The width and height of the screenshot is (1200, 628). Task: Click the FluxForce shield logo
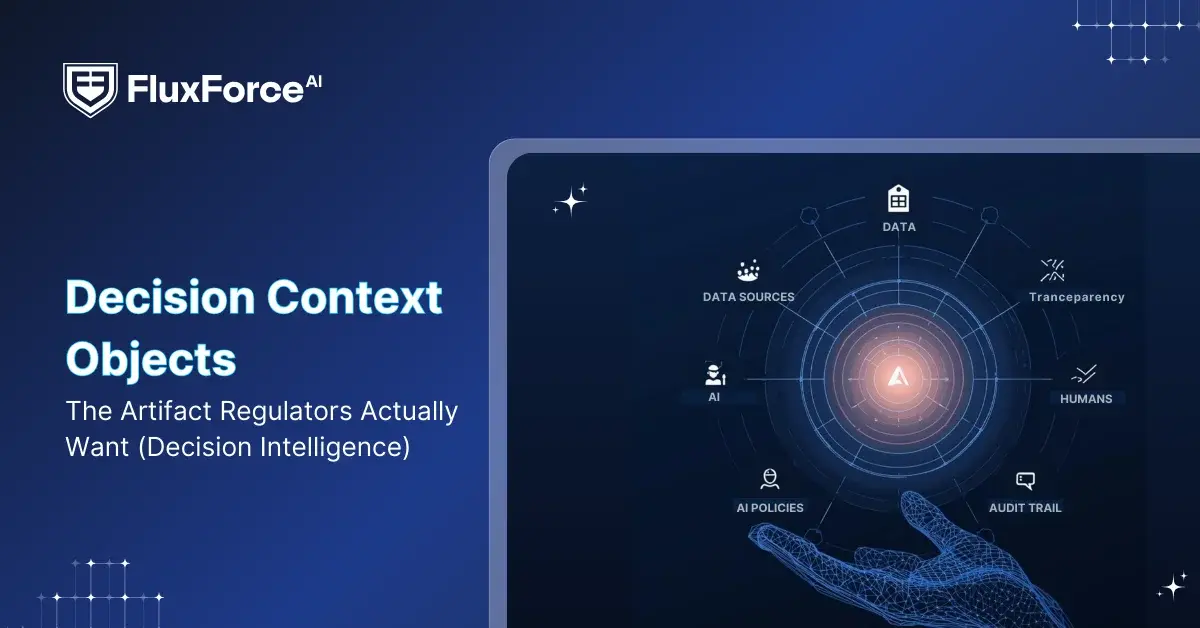pyautogui.click(x=90, y=89)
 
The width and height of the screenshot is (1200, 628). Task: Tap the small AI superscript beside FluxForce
pyautogui.click(x=314, y=81)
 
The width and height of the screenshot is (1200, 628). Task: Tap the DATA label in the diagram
pyautogui.click(x=899, y=227)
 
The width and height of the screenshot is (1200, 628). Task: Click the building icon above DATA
pyautogui.click(x=899, y=199)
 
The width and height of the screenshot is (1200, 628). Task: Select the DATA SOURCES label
pyautogui.click(x=748, y=297)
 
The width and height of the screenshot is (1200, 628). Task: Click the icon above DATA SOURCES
pyautogui.click(x=748, y=270)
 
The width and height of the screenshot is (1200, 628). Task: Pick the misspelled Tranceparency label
pyautogui.click(x=1077, y=297)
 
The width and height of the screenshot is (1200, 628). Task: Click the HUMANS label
pyautogui.click(x=1086, y=398)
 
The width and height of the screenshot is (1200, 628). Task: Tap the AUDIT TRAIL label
pyautogui.click(x=1025, y=508)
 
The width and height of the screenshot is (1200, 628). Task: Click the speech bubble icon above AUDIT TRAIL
pyautogui.click(x=1025, y=481)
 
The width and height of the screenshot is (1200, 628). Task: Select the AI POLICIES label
pyautogui.click(x=770, y=508)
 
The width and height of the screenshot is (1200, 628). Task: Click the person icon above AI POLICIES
pyautogui.click(x=770, y=479)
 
